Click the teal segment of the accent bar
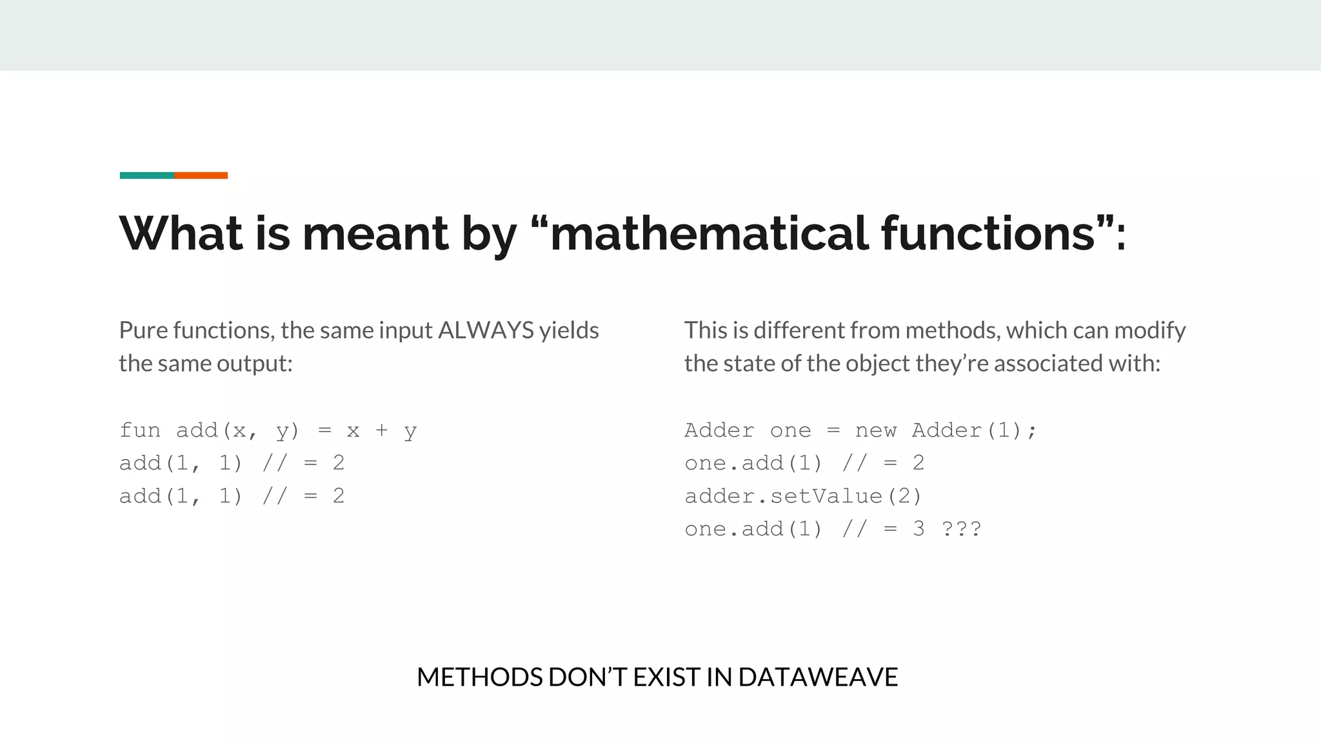click(146, 175)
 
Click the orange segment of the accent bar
click(201, 175)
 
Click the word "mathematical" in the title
click(709, 233)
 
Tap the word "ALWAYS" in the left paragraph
click(486, 330)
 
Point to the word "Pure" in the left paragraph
click(143, 330)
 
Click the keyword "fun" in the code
click(140, 430)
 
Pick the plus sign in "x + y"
click(381, 430)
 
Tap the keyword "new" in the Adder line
click(876, 430)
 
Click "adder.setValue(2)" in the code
click(803, 496)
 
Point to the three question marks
click(961, 529)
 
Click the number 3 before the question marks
click(919, 529)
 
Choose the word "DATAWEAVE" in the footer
click(818, 677)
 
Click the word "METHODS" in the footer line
click(479, 677)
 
